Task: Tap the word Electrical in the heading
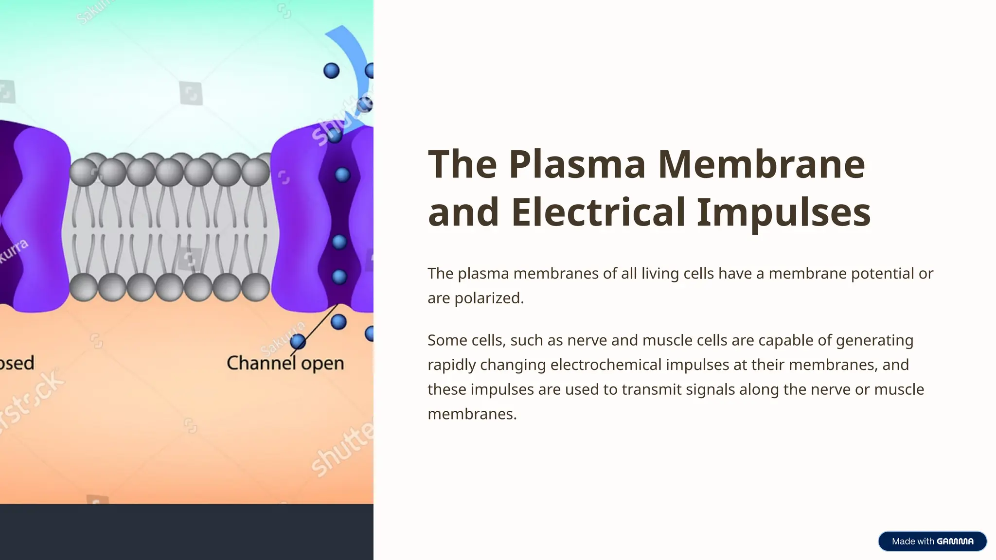coord(598,212)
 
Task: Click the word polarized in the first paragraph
coord(489,298)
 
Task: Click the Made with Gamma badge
coord(932,541)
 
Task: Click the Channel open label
coord(285,363)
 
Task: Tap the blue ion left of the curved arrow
coord(331,70)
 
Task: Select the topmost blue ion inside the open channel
coord(342,175)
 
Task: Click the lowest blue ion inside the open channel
coord(339,277)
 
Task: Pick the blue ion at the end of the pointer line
coord(298,342)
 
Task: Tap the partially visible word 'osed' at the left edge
coord(17,363)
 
